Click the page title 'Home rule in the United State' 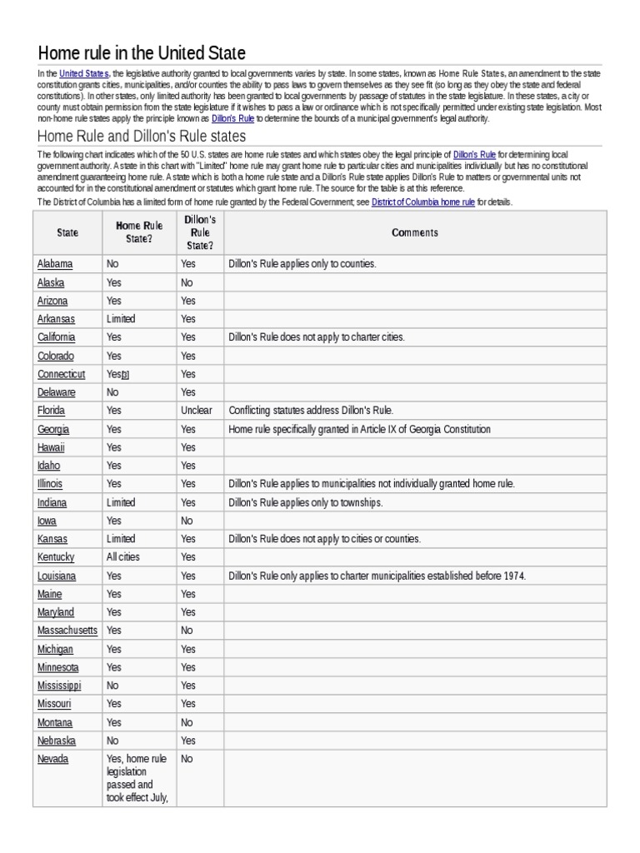pyautogui.click(x=142, y=53)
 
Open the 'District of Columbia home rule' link pyautogui.click(x=422, y=202)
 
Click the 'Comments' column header pyautogui.click(x=414, y=233)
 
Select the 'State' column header pyautogui.click(x=67, y=233)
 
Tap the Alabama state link pyautogui.click(x=55, y=264)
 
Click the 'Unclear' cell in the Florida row pyautogui.click(x=196, y=411)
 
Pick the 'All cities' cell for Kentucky pyautogui.click(x=126, y=557)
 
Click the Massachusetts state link pyautogui.click(x=67, y=631)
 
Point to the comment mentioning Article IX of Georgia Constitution pyautogui.click(x=359, y=429)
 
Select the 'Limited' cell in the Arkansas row pyautogui.click(x=121, y=319)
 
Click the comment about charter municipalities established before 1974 pyautogui.click(x=377, y=576)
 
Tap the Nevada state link pyautogui.click(x=53, y=759)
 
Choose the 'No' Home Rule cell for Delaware pyautogui.click(x=112, y=392)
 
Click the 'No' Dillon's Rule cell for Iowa pyautogui.click(x=187, y=521)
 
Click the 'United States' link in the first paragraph pyautogui.click(x=84, y=74)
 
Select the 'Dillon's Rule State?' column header pyautogui.click(x=199, y=233)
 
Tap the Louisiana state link pyautogui.click(x=57, y=576)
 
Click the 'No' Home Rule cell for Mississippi pyautogui.click(x=112, y=686)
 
